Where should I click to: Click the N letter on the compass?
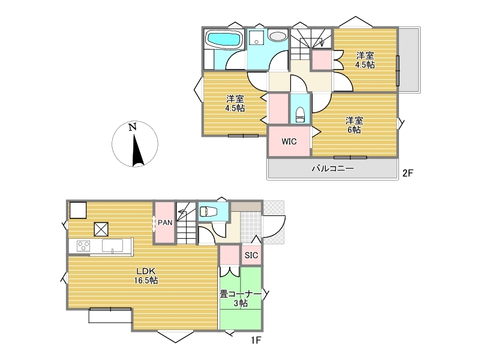point(133,127)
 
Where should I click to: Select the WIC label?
point(289,142)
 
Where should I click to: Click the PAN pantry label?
point(165,223)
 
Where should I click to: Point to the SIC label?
point(251,255)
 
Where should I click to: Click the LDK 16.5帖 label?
point(146,275)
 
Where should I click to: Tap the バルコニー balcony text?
point(333,169)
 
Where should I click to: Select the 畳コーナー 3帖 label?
point(241,299)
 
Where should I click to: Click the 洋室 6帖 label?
point(354,125)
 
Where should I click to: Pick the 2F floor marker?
point(407,173)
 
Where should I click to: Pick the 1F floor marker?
point(256,340)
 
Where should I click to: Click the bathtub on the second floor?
point(224,39)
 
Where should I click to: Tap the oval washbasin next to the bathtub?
point(278,37)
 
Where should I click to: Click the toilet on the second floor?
point(301,115)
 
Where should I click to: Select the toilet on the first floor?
point(208,212)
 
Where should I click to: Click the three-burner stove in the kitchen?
point(83,246)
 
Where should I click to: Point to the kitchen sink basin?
point(113,245)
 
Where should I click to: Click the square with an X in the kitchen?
point(101,229)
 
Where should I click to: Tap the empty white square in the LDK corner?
point(78,209)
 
